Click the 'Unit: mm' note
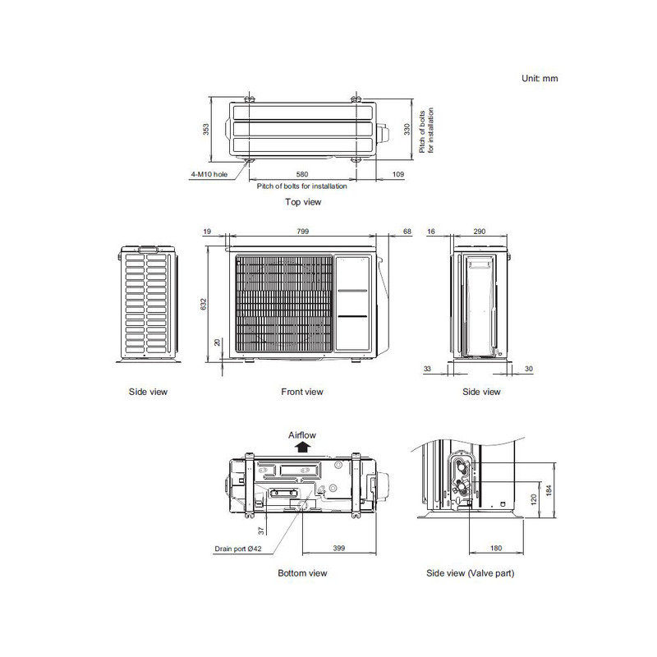[x=540, y=78]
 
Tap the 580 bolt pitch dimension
[x=303, y=175]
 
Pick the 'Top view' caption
[x=302, y=201]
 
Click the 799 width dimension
[x=303, y=233]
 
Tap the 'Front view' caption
[x=302, y=392]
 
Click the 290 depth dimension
[x=480, y=233]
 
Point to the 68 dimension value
[x=407, y=233]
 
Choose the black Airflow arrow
[x=302, y=448]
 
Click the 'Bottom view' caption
[x=302, y=572]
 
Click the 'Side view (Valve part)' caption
[x=471, y=572]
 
